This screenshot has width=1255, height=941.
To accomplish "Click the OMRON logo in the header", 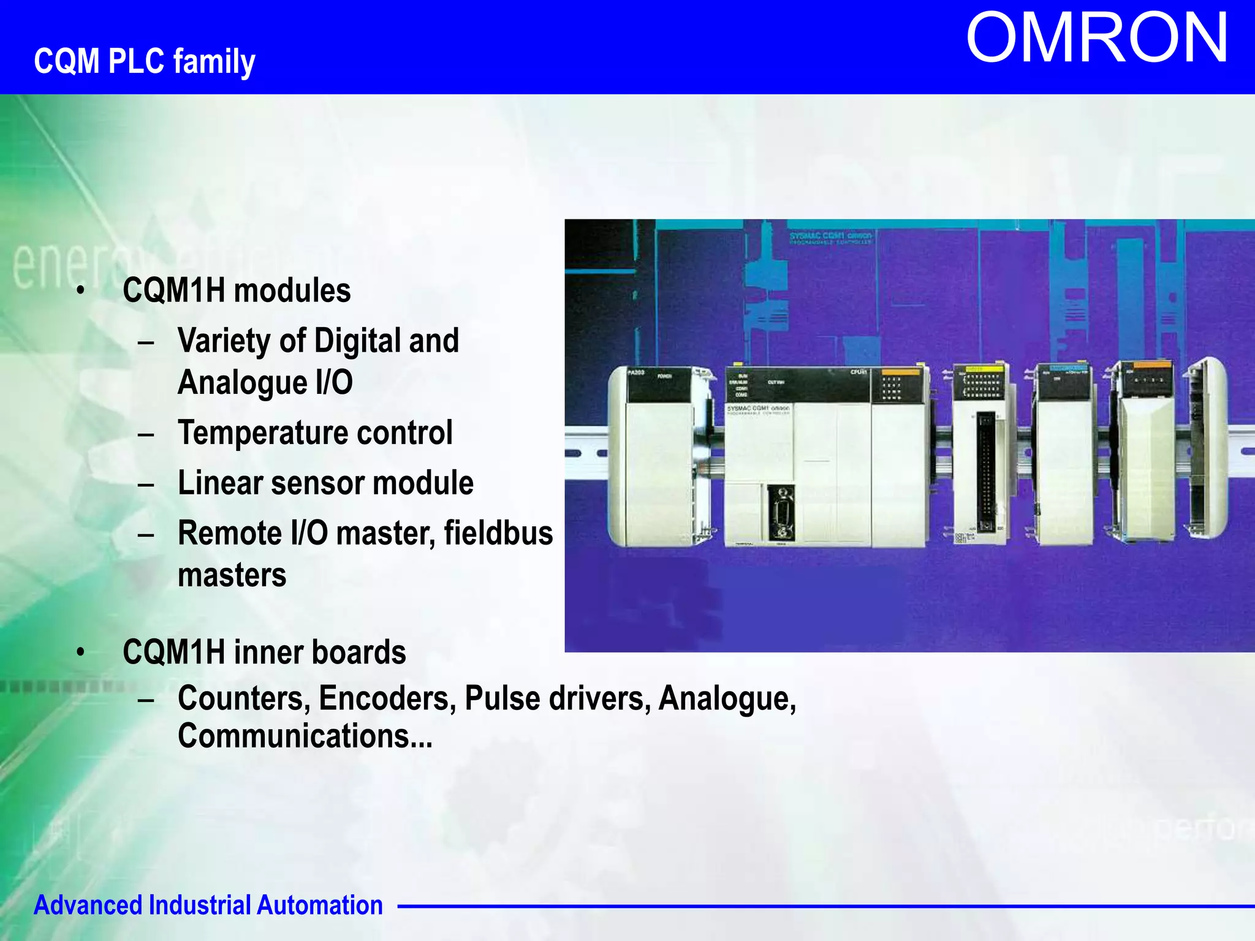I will coord(1097,38).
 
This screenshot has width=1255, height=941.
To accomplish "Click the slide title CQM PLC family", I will coord(145,61).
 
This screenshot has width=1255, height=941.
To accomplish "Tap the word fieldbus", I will coord(498,532).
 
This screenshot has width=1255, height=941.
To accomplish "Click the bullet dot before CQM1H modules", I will coord(80,290).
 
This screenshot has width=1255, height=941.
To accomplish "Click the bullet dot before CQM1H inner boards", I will coord(80,652).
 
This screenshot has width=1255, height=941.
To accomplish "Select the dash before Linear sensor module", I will coord(146,484).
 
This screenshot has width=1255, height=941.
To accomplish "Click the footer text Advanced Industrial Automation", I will coord(208,905).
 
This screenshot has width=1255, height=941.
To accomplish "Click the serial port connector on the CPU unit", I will coord(781,512).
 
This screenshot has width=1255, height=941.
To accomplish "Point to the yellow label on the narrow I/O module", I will coord(984,369).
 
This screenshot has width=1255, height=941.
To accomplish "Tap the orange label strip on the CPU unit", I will coord(900,372).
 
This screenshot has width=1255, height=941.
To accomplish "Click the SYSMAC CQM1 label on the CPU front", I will coord(758,408).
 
